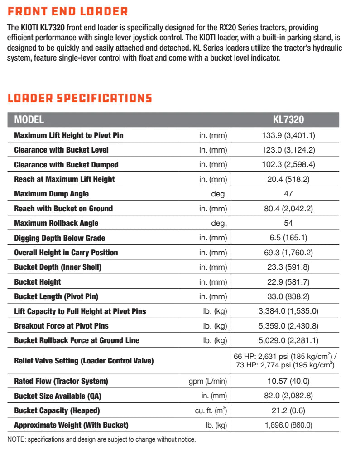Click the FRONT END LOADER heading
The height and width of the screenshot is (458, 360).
(68, 11)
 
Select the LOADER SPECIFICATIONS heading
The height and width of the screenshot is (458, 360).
(80, 98)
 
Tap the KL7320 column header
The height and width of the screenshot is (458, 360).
(288, 120)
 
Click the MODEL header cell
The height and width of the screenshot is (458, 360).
(29, 120)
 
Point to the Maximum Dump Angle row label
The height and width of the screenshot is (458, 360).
(51, 194)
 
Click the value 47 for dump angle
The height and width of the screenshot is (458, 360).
(288, 194)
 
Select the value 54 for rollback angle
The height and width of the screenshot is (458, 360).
(288, 223)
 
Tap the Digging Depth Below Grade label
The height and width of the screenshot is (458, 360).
(59, 238)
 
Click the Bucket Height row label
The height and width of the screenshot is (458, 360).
(38, 282)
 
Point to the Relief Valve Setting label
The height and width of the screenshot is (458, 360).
(84, 361)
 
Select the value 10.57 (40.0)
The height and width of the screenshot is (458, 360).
(288, 381)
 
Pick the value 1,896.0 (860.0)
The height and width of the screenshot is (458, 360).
(288, 425)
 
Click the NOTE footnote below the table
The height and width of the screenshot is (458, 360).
(102, 439)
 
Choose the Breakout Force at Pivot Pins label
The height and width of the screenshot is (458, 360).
(61, 326)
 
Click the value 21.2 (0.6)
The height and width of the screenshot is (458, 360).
(288, 410)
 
